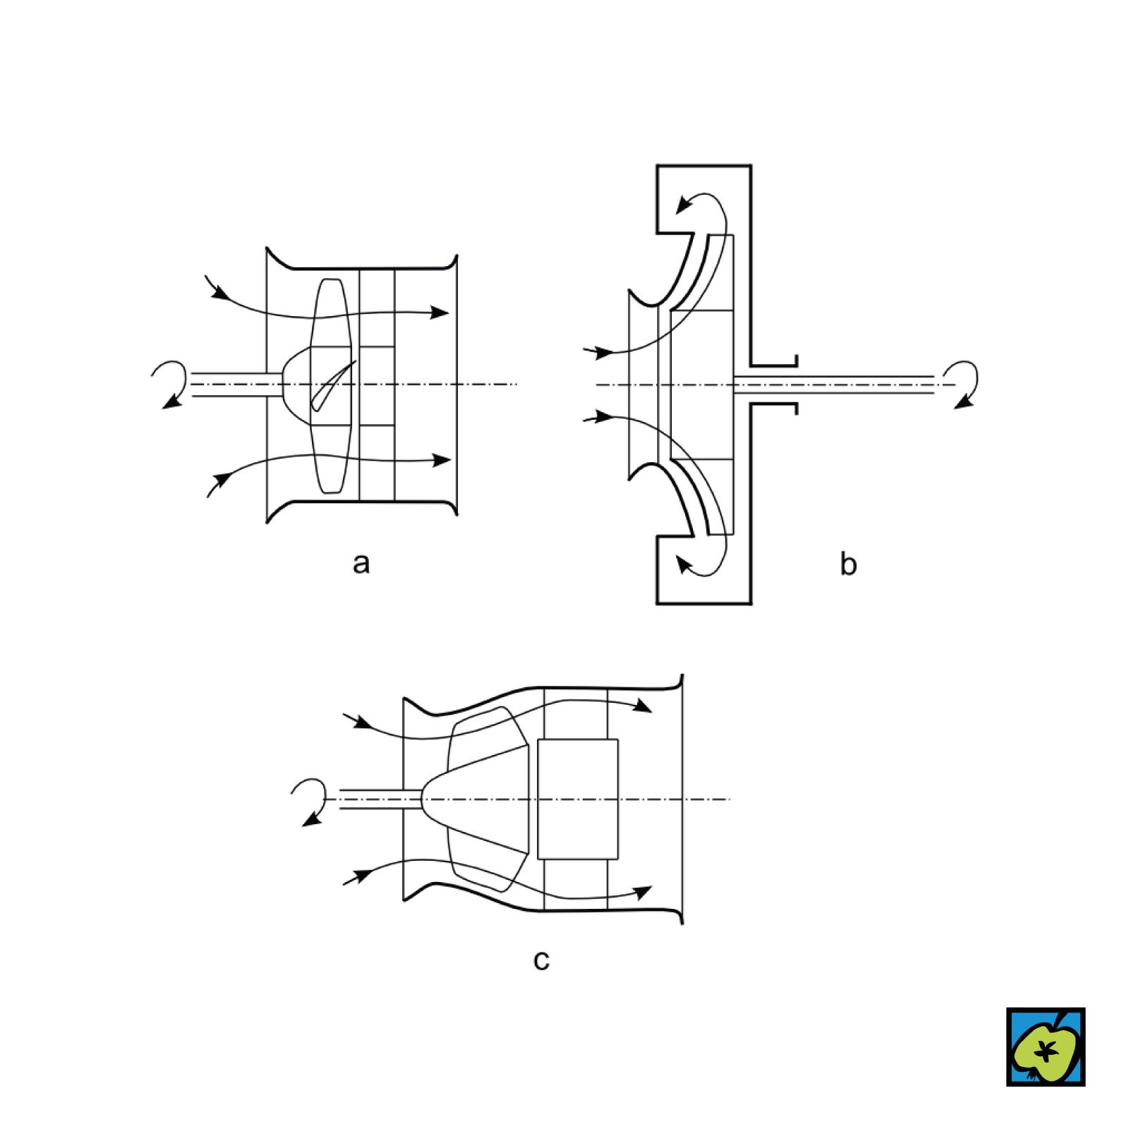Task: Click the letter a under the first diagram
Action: (x=361, y=564)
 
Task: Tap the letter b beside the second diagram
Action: (x=848, y=564)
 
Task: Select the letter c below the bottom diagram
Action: (x=541, y=960)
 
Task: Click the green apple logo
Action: (x=1045, y=1046)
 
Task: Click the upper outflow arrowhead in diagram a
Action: (x=440, y=312)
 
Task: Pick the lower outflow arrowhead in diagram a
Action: (x=442, y=460)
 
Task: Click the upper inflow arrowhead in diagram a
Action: (x=219, y=291)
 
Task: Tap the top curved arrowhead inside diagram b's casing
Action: (x=684, y=205)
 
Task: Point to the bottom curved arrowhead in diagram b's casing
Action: (x=684, y=563)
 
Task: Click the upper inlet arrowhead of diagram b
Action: (x=603, y=351)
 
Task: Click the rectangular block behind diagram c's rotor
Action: (x=577, y=799)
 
